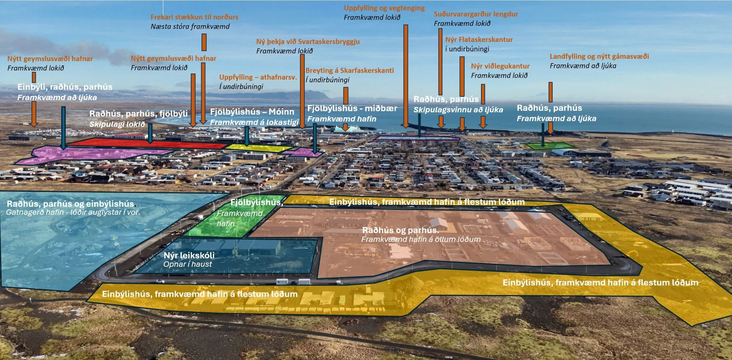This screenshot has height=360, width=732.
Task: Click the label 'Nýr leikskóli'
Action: pos(189,255)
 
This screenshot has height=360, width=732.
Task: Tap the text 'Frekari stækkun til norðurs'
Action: pos(194,17)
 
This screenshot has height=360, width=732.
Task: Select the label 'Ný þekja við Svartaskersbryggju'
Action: pos(308,42)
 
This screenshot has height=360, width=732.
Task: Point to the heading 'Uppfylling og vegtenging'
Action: pos(384,8)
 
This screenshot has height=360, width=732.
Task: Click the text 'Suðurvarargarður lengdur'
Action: pos(476,14)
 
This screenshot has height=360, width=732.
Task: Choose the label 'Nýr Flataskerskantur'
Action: pos(479,40)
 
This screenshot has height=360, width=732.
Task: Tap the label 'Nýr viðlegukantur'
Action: pos(500,66)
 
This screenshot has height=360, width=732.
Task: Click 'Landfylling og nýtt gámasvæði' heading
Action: pos(599,56)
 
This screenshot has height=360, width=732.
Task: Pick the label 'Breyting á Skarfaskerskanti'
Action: pos(349,71)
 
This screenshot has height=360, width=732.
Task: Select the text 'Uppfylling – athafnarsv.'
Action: pos(258,77)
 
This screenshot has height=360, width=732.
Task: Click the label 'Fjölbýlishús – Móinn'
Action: pos(252,112)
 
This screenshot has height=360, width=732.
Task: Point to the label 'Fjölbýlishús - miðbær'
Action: pos(352,108)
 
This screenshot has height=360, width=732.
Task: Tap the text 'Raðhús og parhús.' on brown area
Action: pos(400,230)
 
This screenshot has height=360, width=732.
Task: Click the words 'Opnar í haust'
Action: pos(187,264)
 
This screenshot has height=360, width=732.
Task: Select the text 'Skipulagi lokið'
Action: pos(117,124)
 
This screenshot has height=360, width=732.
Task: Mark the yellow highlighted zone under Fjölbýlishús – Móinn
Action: pos(259,147)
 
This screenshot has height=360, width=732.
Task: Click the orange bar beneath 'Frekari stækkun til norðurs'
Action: pos(204,42)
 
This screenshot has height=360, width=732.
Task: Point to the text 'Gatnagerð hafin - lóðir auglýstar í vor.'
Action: pos(73,212)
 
